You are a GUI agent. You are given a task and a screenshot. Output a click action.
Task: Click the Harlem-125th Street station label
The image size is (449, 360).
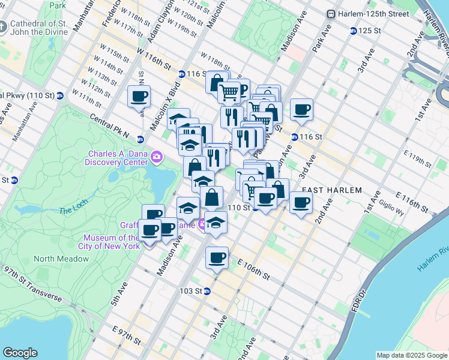pyautogui.click(x=367, y=14)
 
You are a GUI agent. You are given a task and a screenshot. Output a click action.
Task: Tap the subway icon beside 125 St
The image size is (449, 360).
pyautogui.click(x=353, y=30)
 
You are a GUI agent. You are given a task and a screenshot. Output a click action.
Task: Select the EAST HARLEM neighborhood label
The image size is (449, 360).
pyautogui.click(x=332, y=190)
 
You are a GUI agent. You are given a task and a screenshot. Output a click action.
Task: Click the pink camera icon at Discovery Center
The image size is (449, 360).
pyautogui.click(x=157, y=157)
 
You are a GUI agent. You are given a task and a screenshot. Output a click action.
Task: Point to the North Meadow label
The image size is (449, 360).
pyautogui.click(x=61, y=259)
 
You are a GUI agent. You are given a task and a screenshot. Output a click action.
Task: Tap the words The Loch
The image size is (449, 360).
pyautogui.click(x=73, y=211)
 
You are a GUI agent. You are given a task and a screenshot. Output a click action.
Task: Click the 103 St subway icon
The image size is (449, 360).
pyautogui.click(x=206, y=291)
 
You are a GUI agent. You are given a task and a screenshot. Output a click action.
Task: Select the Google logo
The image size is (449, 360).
pyautogui.click(x=20, y=353)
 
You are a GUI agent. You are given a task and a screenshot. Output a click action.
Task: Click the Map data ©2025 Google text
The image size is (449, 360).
pyautogui.click(x=411, y=355)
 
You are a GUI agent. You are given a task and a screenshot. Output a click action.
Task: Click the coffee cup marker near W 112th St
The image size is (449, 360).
pyautogui.click(x=139, y=96)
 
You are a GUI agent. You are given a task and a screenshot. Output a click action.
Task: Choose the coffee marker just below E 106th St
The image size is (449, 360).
pyautogui.click(x=217, y=258)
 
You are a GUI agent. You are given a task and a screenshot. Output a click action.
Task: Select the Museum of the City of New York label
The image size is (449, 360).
pyautogui.click(x=111, y=242)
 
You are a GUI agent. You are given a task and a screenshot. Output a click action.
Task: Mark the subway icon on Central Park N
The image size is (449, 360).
pyautogui.click(x=140, y=139)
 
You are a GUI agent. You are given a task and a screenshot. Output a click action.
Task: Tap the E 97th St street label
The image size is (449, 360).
pyautogui.click(x=126, y=335)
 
